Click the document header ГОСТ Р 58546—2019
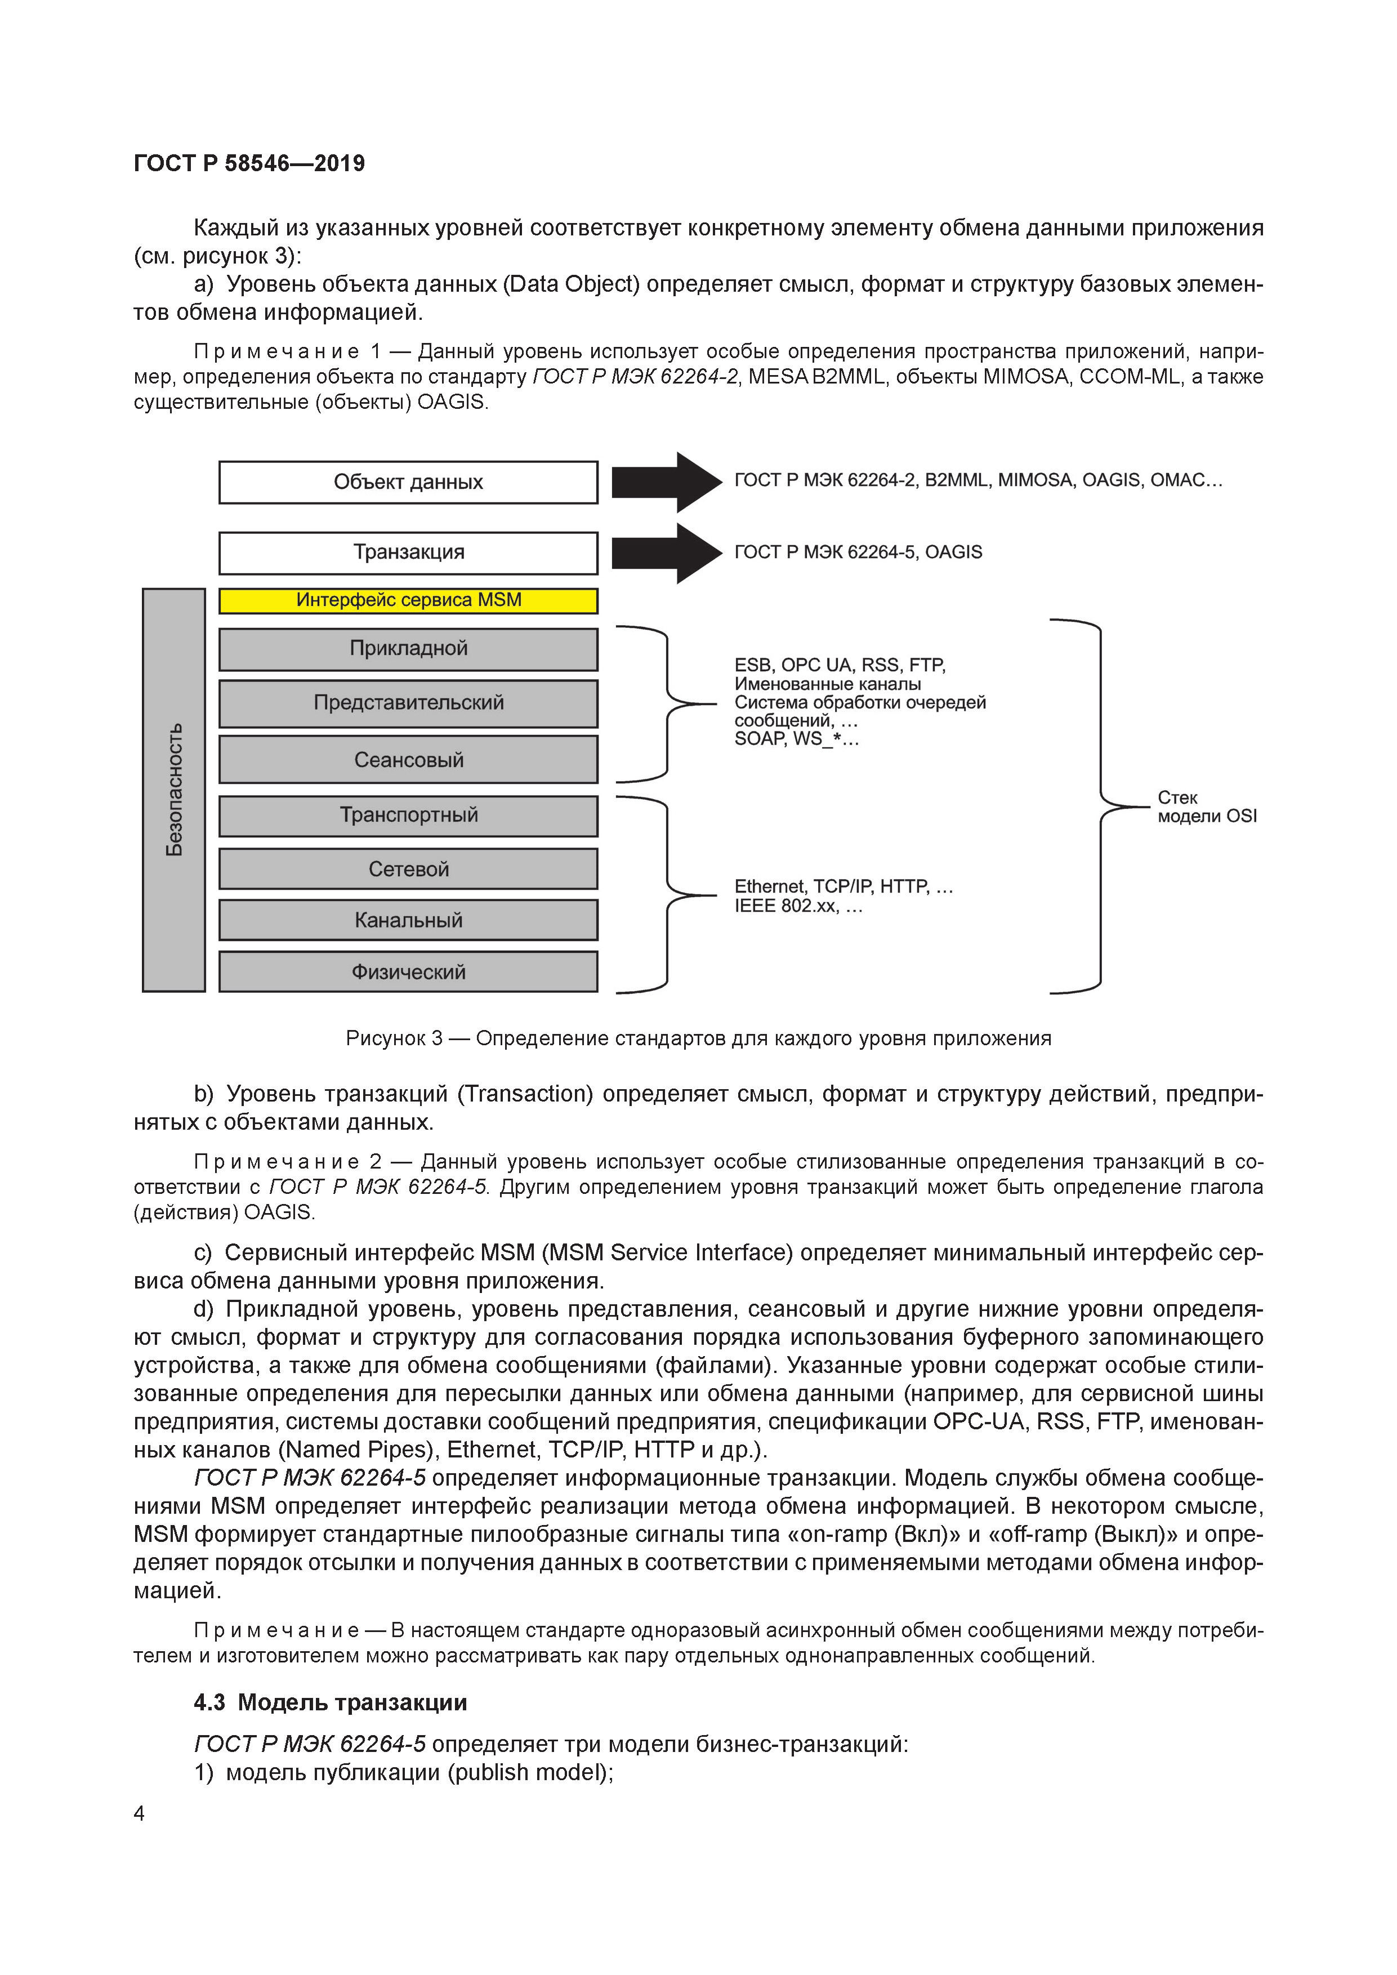click(249, 163)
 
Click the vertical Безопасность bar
click(174, 790)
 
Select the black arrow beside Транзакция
click(666, 553)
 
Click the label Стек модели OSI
click(1206, 807)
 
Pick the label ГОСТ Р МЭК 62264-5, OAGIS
click(858, 552)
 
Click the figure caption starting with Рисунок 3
click(698, 1038)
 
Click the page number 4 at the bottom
click(139, 1813)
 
